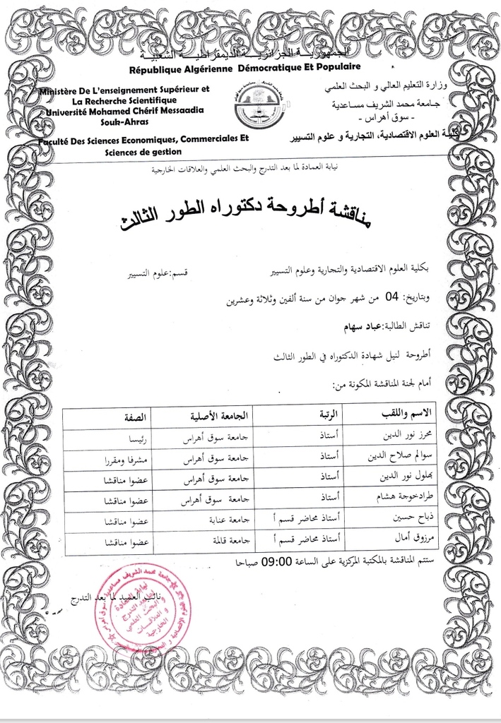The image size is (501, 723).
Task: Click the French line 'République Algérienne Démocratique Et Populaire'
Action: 244,67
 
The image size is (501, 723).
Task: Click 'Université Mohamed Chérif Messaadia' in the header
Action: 123,111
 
